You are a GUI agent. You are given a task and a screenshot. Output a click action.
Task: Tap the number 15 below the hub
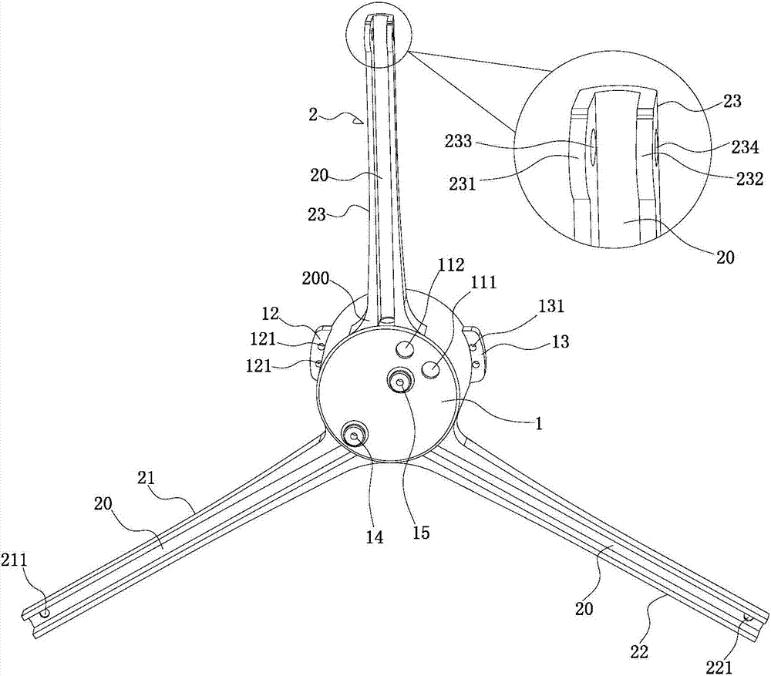[420, 532]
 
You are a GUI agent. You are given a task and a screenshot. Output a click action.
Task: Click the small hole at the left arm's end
[45, 613]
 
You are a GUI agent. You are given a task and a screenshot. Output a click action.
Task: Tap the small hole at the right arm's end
[747, 618]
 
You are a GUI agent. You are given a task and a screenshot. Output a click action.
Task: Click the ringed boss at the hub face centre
[400, 381]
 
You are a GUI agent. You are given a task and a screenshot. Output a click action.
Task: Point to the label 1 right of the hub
[540, 423]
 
